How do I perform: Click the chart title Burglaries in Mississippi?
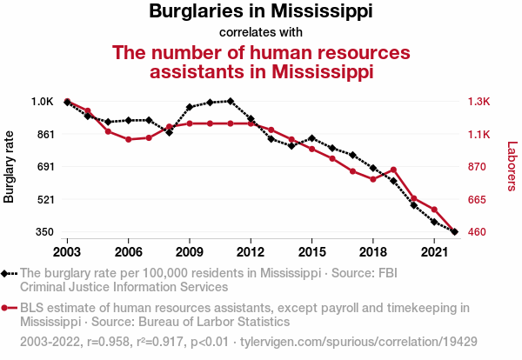click(261, 12)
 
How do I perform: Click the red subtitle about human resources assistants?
click(261, 62)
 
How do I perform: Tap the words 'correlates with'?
click(261, 33)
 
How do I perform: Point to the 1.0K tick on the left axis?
click(43, 102)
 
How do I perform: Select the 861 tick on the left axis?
click(44, 135)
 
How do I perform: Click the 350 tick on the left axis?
click(44, 232)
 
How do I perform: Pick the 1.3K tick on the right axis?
click(479, 102)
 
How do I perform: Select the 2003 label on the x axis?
click(67, 252)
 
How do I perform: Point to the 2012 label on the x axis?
click(251, 252)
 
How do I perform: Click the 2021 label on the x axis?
click(434, 252)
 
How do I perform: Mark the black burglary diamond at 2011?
click(230, 101)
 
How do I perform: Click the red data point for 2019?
click(393, 170)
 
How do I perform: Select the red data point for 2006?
click(128, 139)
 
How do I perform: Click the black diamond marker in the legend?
click(9, 273)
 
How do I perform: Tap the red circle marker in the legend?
click(9, 307)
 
